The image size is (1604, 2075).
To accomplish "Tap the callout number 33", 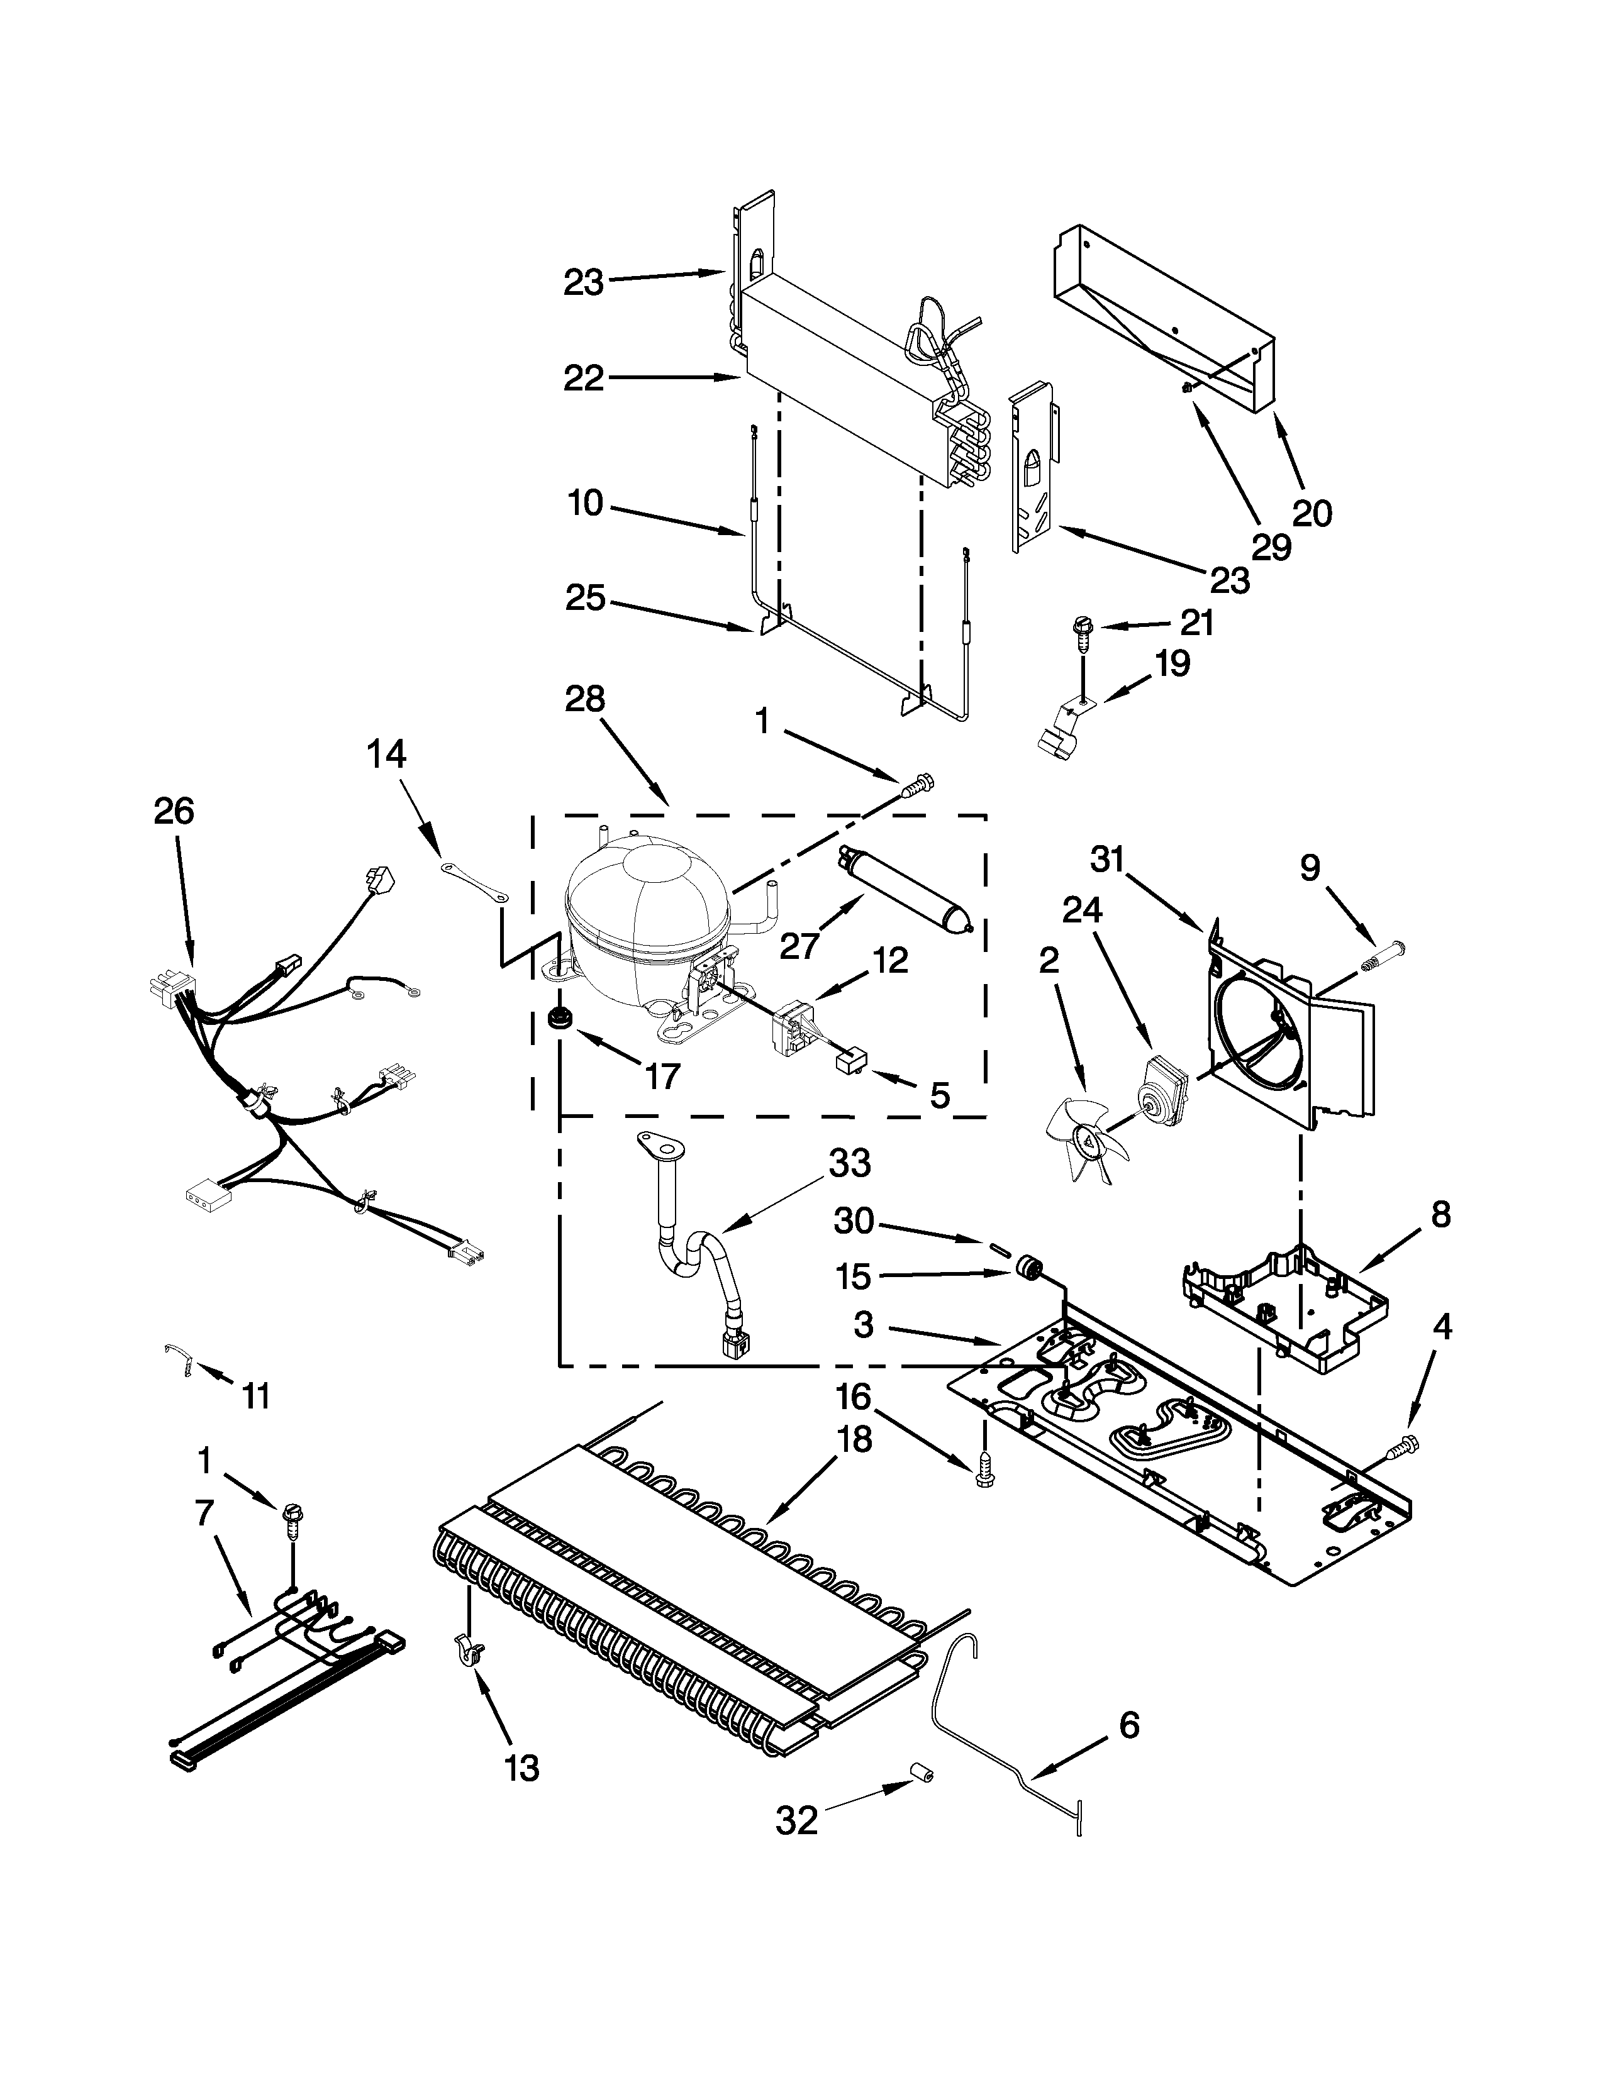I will pos(849,1164).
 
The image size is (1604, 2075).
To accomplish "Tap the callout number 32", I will pos(796,1820).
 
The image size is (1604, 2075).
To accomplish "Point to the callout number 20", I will pos(1312,513).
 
